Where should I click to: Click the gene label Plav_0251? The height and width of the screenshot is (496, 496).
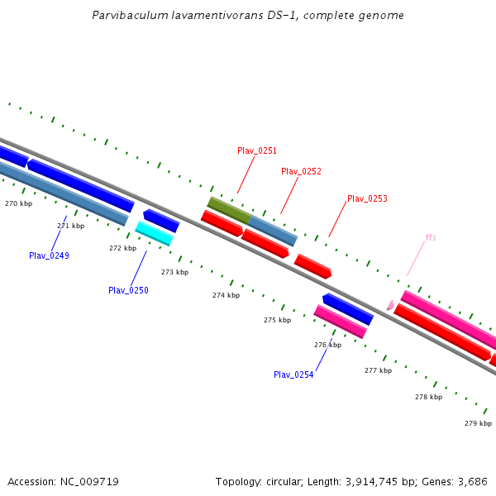tap(257, 150)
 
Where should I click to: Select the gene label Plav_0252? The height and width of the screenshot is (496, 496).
tap(301, 171)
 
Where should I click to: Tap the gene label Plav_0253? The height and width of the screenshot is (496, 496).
tap(367, 198)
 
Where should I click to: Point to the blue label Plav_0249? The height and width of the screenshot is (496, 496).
tap(49, 255)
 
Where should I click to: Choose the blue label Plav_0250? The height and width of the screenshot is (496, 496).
tap(128, 290)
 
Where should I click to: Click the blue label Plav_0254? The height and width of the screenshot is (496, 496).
tap(293, 374)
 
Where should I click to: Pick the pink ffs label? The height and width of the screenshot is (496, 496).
tap(431, 237)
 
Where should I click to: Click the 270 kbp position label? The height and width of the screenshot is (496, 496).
tap(18, 203)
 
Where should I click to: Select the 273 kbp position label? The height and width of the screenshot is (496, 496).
tap(174, 272)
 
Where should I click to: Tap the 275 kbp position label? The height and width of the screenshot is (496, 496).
tap(277, 320)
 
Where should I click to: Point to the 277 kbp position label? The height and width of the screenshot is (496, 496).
tap(378, 370)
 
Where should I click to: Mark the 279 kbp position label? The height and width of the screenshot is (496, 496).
tap(478, 423)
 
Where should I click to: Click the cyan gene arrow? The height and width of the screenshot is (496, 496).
tap(155, 234)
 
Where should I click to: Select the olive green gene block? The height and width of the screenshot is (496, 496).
tap(228, 209)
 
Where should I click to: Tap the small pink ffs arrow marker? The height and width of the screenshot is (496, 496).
tap(390, 305)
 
